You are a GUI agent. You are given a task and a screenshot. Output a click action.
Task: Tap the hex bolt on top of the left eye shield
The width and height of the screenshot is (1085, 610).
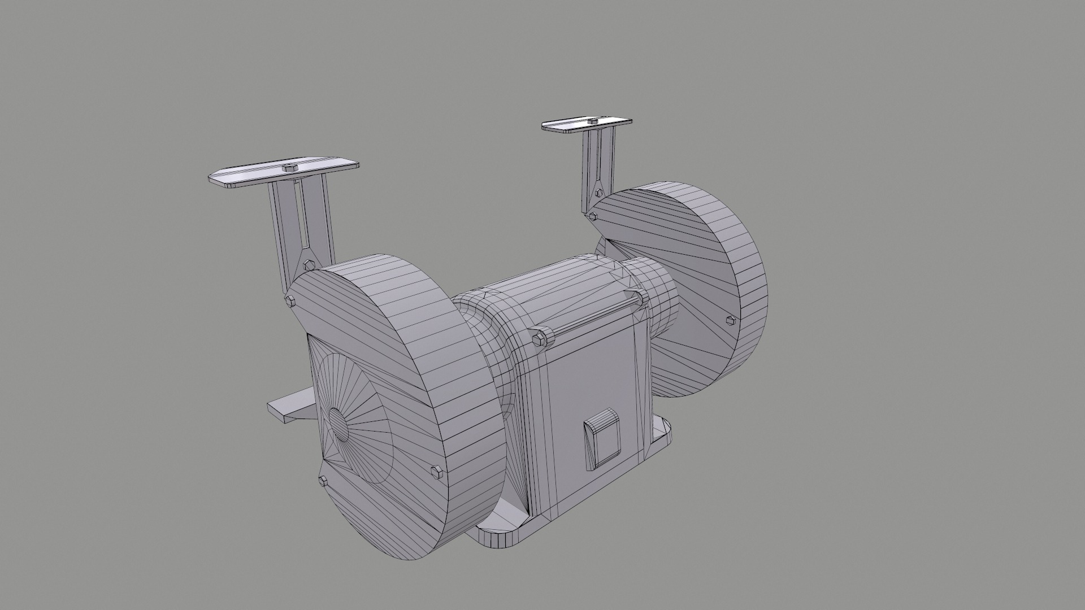click(x=289, y=168)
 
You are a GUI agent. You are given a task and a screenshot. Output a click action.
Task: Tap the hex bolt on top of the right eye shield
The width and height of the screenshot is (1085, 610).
click(x=592, y=121)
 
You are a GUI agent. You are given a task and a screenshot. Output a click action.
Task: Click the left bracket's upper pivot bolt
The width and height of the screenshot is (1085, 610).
click(x=309, y=264)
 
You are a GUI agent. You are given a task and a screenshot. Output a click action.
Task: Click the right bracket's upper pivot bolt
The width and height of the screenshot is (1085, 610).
click(x=598, y=193)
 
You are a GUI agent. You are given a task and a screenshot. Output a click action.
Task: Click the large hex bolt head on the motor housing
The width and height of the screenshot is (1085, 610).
click(x=539, y=338)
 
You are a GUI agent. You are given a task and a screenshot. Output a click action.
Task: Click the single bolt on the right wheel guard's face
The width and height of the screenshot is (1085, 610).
click(x=730, y=320)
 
